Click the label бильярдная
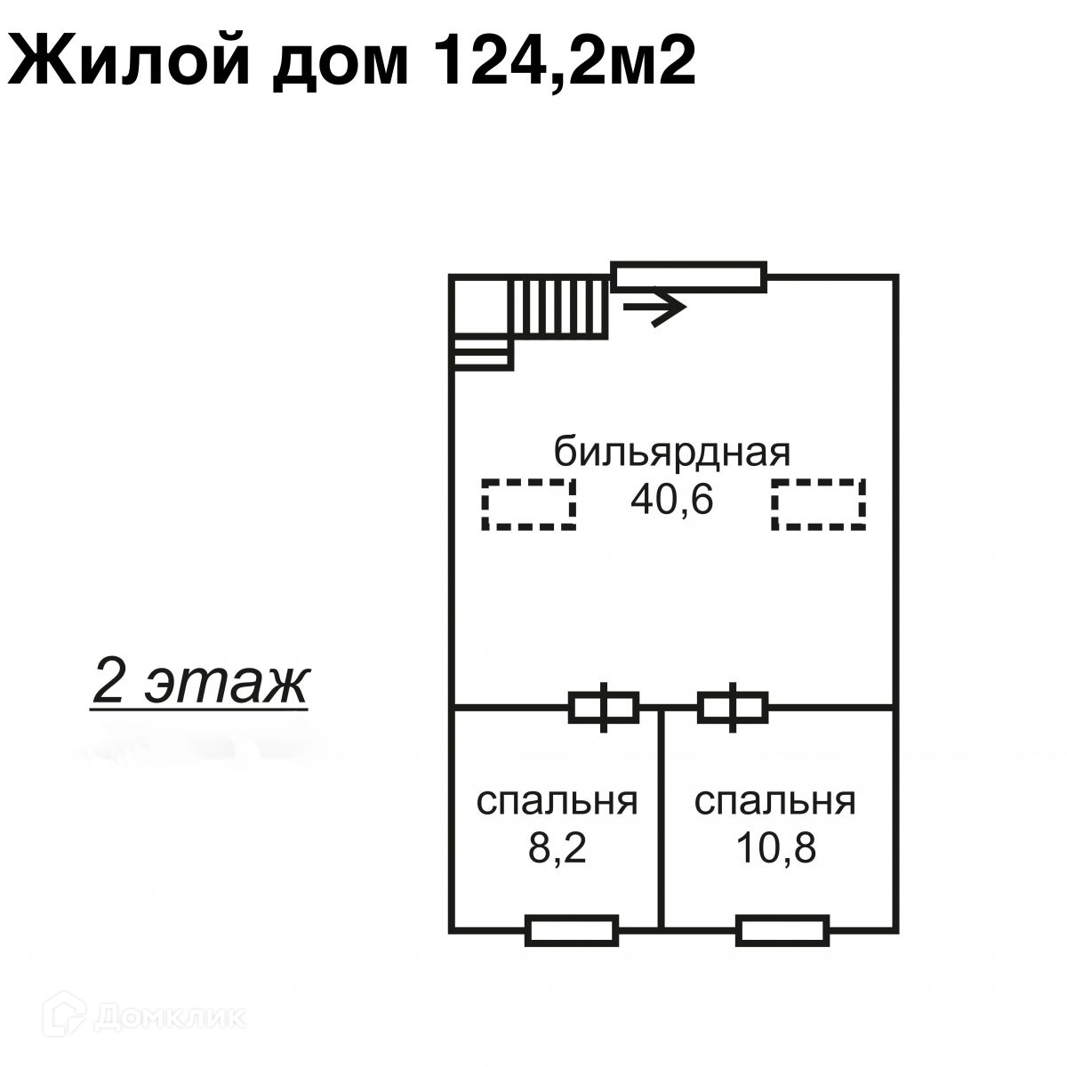(672, 452)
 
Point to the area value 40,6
(672, 501)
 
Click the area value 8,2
(558, 850)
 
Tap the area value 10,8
(775, 850)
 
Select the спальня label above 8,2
(558, 801)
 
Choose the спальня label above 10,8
(774, 801)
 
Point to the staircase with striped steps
(558, 308)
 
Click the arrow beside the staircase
(655, 308)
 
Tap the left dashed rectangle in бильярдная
(530, 504)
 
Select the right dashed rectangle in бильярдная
(819, 504)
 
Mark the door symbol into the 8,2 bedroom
(604, 708)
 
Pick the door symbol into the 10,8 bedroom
(733, 708)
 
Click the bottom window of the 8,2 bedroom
(573, 930)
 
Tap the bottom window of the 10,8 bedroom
(783, 930)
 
